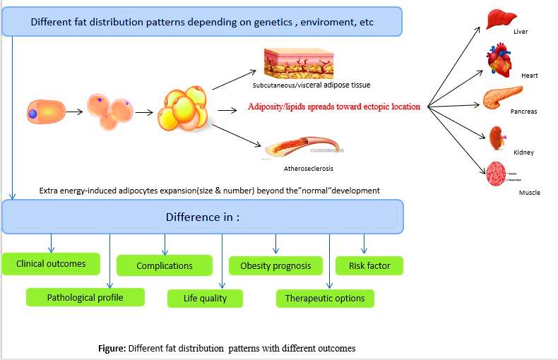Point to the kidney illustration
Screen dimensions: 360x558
[497, 136]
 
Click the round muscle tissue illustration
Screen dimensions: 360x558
[497, 174]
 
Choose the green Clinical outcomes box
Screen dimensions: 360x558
[51, 264]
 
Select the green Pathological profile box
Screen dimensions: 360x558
[85, 297]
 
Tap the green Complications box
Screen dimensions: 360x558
[164, 265]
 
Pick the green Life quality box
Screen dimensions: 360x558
[205, 298]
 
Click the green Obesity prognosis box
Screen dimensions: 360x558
[275, 265]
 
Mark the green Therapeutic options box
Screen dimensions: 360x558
[325, 298]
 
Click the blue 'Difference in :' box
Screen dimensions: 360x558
[203, 217]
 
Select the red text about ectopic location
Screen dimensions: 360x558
[334, 107]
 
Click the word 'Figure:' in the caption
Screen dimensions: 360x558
[112, 349]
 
